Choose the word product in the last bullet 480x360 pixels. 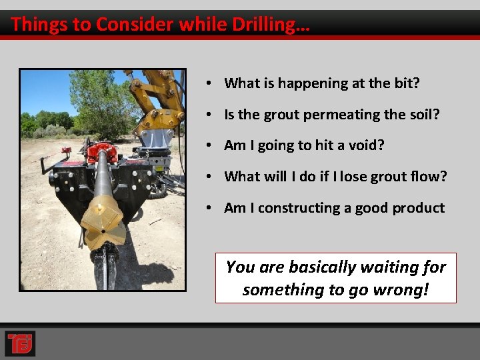(x=419, y=208)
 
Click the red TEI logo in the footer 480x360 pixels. (x=19, y=343)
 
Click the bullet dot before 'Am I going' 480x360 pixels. (x=209, y=145)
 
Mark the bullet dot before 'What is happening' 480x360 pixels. (x=209, y=83)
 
